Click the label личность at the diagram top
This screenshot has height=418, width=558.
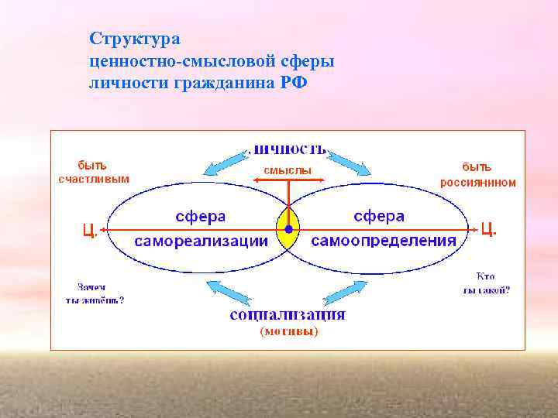[289, 149]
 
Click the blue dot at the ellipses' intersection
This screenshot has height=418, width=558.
[288, 230]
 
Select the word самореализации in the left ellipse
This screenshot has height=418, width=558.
[201, 241]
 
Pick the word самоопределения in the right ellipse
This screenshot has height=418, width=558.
[384, 241]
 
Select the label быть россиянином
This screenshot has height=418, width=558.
[478, 175]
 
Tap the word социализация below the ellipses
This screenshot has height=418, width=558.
[288, 315]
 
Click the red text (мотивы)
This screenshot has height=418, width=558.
[288, 331]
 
